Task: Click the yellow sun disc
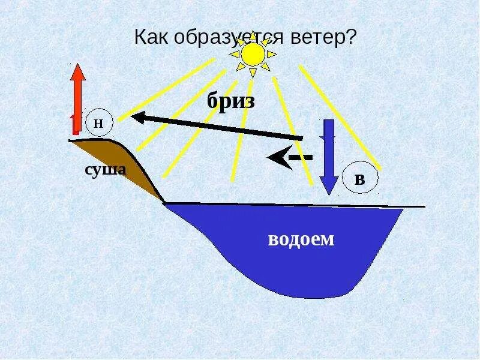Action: coord(253,55)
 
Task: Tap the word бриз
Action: coord(231,101)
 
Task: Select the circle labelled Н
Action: coord(99,124)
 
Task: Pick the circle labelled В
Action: coord(360,179)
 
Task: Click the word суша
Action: coord(105,170)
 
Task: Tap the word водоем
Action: coord(300,239)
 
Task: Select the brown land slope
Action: coord(129,165)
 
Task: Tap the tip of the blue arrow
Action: coord(328,193)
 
